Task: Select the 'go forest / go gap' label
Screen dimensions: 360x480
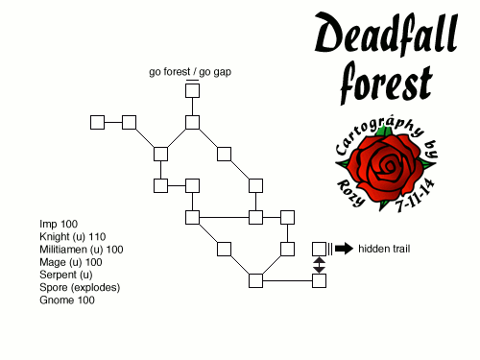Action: (191, 71)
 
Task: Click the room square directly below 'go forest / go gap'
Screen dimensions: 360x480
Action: (192, 90)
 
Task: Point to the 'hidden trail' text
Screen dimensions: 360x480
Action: (384, 249)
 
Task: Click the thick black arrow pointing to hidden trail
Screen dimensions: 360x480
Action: (344, 249)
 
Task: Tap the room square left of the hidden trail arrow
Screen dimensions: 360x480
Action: (319, 249)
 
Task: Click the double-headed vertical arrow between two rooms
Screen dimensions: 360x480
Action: (319, 265)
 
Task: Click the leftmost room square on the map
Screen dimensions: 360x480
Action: (97, 122)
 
